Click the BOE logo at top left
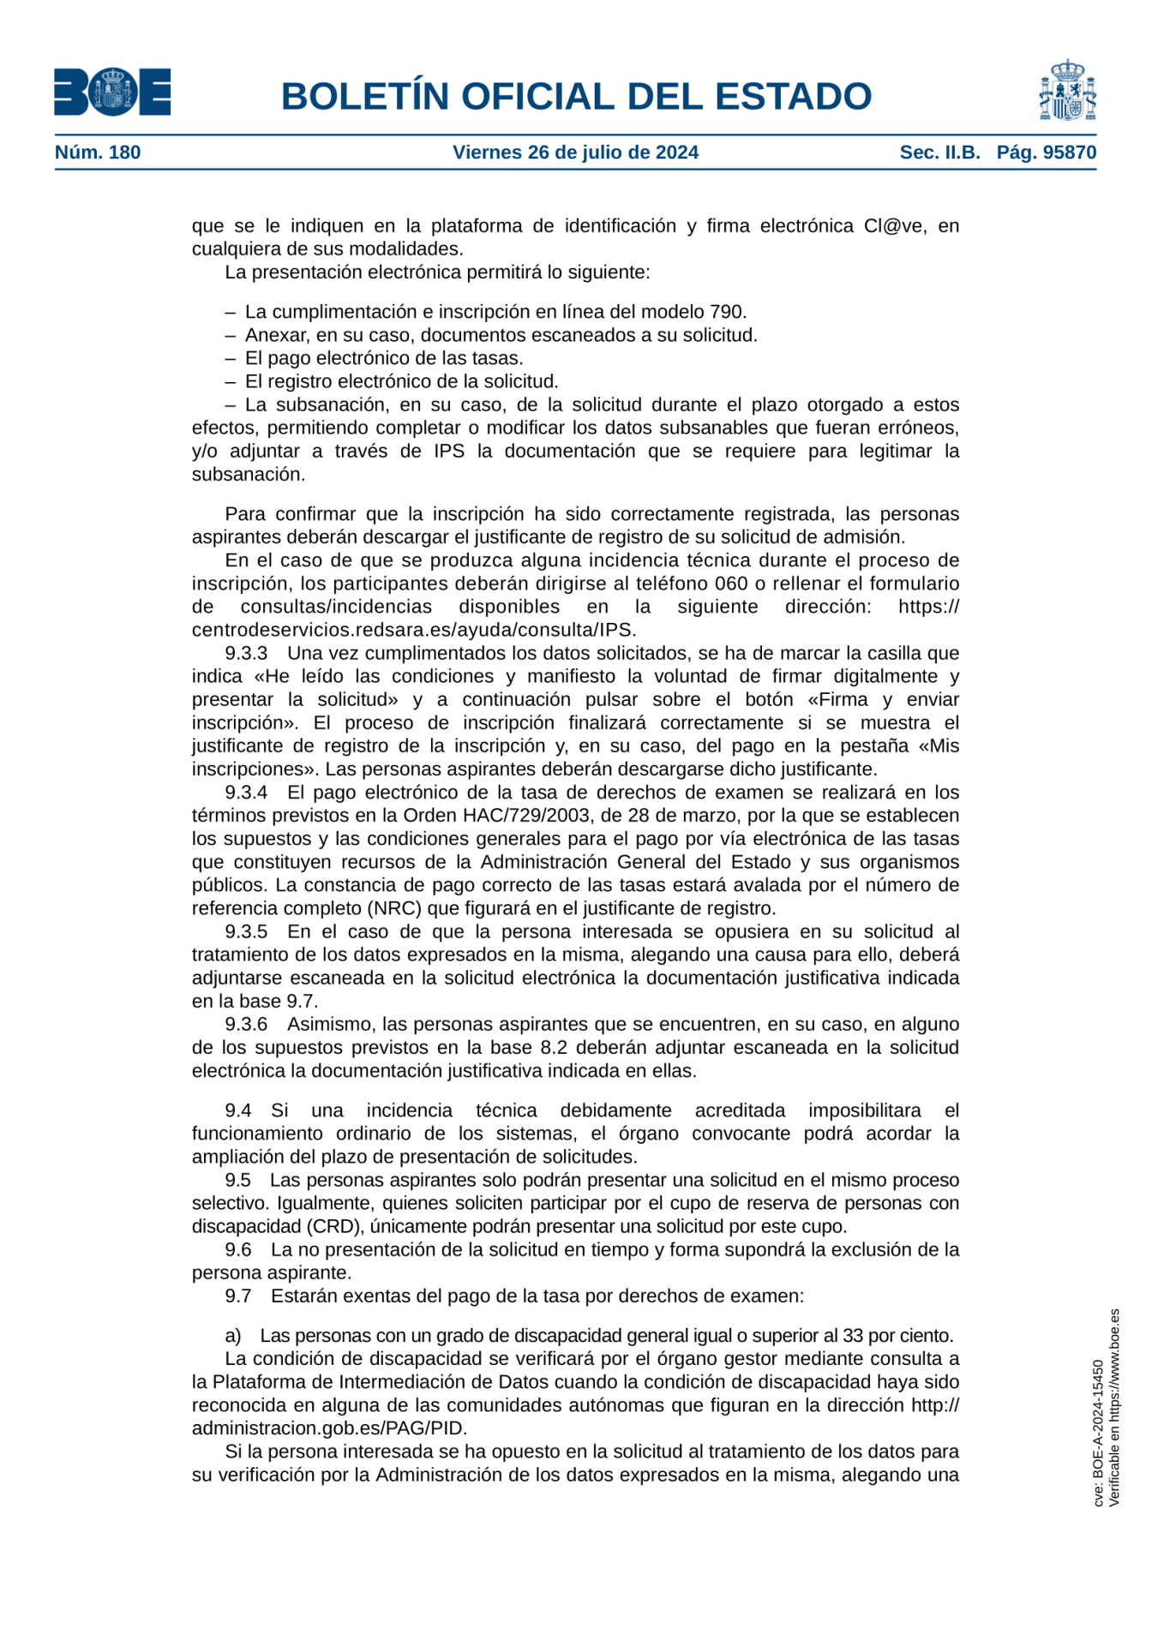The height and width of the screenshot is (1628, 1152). (112, 93)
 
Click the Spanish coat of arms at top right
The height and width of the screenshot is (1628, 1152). (1067, 91)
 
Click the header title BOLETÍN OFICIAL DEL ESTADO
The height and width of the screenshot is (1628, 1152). (576, 97)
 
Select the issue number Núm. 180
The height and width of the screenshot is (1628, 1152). (98, 153)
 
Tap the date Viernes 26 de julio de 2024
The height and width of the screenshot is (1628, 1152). (575, 153)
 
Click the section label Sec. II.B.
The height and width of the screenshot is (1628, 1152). (939, 153)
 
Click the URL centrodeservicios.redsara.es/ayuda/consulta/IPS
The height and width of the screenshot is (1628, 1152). (414, 630)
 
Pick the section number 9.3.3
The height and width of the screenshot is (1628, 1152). (246, 653)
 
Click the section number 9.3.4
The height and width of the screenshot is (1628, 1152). (246, 793)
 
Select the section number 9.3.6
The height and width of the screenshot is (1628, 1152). (246, 1024)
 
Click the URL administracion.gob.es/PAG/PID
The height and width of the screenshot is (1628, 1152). (329, 1428)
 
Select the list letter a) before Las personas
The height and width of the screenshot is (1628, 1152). (233, 1335)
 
